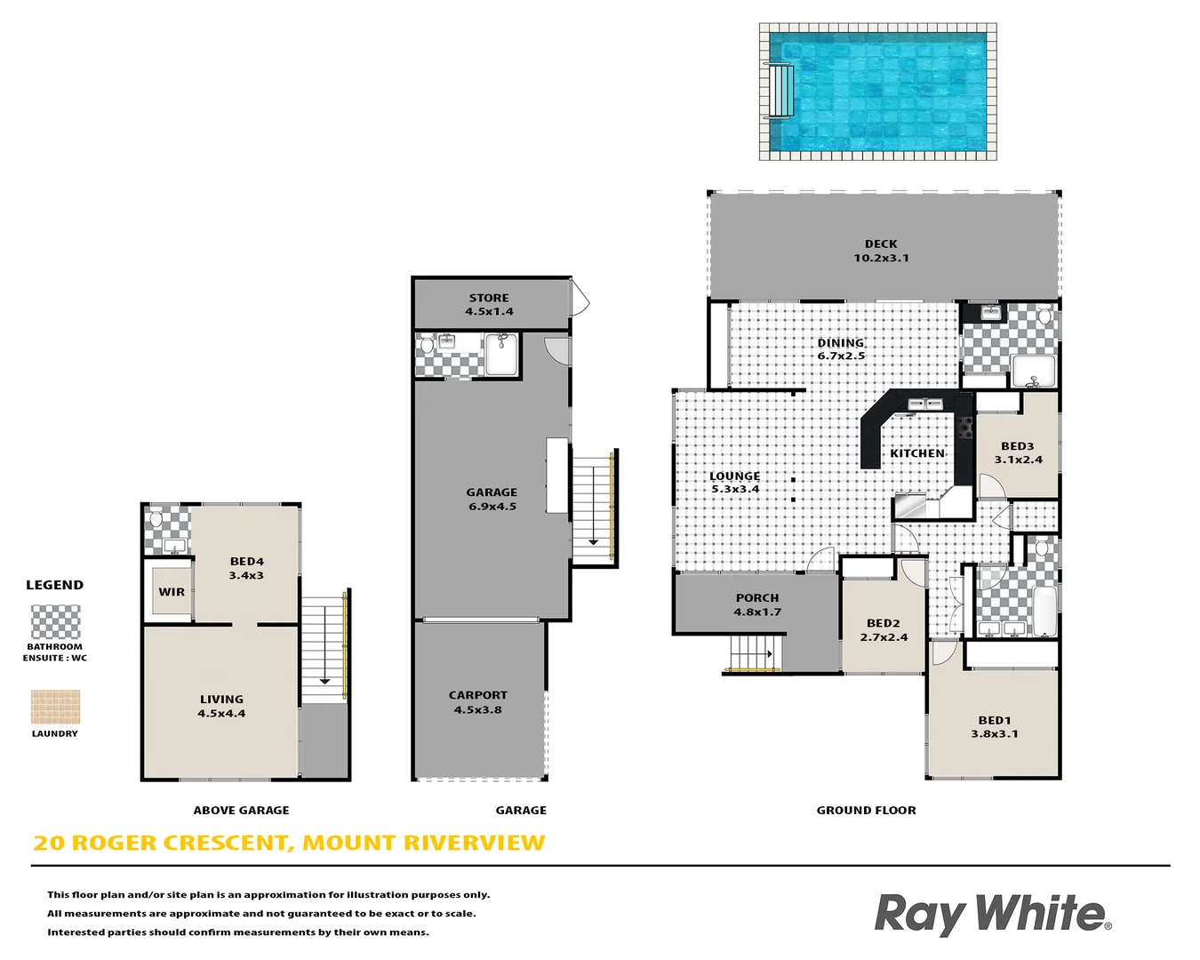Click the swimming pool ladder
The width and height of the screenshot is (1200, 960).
coord(781,91)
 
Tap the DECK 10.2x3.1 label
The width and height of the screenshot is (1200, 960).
coord(881,251)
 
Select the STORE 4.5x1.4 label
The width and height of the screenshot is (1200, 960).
coord(489,305)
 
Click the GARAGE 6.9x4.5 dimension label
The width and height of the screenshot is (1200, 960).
coord(492,500)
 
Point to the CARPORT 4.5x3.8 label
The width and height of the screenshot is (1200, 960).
coord(478,702)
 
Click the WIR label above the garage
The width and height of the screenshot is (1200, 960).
coord(172,592)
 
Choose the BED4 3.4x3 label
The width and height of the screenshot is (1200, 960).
coord(246,568)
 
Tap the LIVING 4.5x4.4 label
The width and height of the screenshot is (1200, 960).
coord(221,706)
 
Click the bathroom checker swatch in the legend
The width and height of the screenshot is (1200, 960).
coord(55,622)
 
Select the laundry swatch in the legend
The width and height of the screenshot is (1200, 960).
coord(55,708)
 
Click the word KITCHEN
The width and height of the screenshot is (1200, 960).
coord(917,453)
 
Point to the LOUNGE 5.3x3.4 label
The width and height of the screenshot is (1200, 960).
coord(735,483)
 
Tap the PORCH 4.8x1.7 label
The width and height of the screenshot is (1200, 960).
coord(757,605)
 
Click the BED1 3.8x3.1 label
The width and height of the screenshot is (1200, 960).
coord(995,727)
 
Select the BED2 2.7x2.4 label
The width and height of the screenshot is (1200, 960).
coord(884,630)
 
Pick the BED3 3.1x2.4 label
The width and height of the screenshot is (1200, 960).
coord(1018,453)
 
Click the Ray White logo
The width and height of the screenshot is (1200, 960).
coord(992,915)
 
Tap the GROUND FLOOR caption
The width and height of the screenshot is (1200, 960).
coord(866,811)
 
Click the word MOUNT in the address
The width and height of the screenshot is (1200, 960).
coord(349,843)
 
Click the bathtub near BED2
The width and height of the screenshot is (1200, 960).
coord(1044,610)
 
